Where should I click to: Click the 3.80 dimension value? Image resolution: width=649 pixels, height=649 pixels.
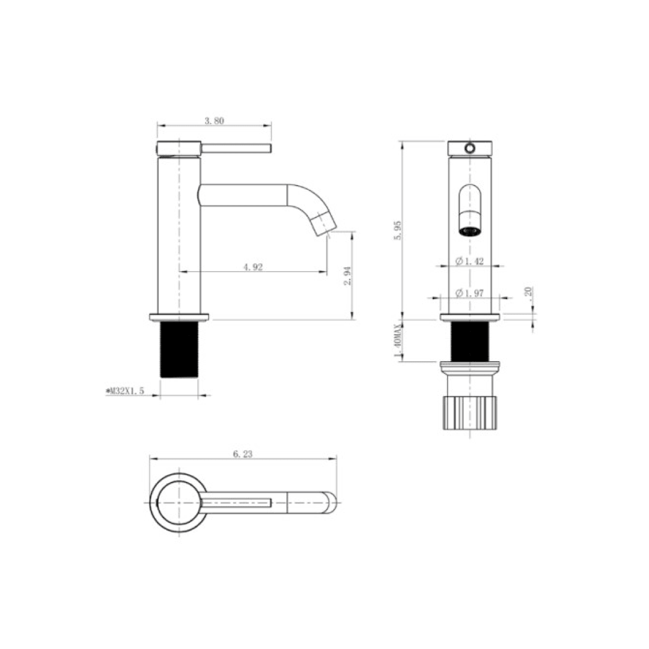tap(214, 120)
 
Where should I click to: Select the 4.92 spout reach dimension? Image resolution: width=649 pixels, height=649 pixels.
tap(253, 267)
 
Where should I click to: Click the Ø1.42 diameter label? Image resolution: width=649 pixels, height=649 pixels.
tap(470, 261)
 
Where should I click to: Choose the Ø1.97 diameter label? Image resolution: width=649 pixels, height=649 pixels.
tap(470, 293)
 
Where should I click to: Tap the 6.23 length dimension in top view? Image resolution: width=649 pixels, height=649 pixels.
tap(242, 454)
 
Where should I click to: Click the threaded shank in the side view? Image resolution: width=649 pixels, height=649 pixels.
tap(179, 350)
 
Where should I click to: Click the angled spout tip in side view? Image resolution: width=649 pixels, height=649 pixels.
tap(325, 221)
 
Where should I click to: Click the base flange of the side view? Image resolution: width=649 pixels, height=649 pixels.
tap(178, 317)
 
